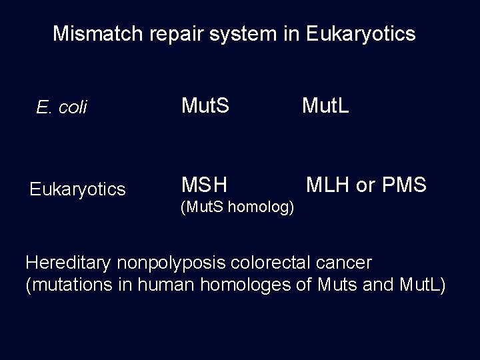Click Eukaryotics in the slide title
point(363,35)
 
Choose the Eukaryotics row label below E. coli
point(77,190)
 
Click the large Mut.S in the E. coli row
point(206,105)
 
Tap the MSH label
point(205,185)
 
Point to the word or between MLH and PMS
point(365,186)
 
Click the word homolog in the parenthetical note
point(261,208)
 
